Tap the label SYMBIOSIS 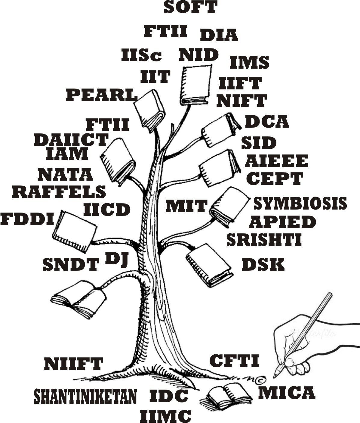[300, 204]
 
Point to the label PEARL [102, 95]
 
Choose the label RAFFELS [59, 192]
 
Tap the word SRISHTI [264, 240]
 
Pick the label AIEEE [277, 161]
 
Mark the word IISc [141, 55]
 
